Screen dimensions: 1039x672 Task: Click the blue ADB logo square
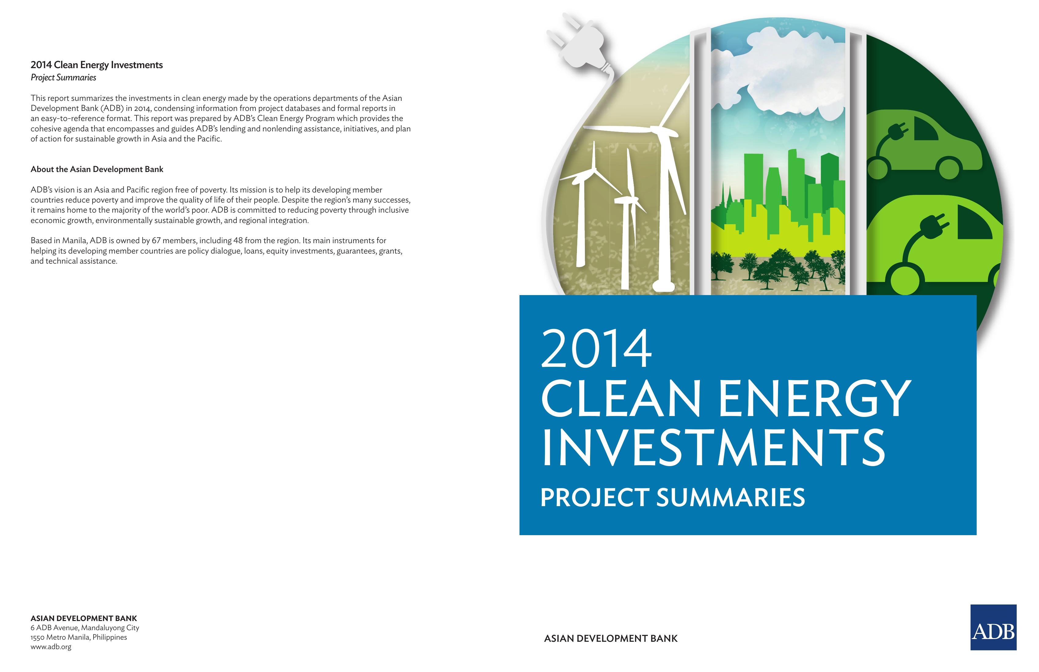click(993, 627)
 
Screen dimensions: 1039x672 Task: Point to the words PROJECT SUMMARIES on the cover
click(673, 498)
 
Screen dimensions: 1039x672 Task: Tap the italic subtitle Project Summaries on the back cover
click(63, 78)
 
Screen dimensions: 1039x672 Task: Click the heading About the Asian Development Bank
click(97, 169)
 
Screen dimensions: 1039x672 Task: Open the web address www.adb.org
click(51, 647)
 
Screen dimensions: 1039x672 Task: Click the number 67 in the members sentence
click(156, 240)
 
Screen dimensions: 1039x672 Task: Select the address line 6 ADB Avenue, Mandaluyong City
click(85, 628)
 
